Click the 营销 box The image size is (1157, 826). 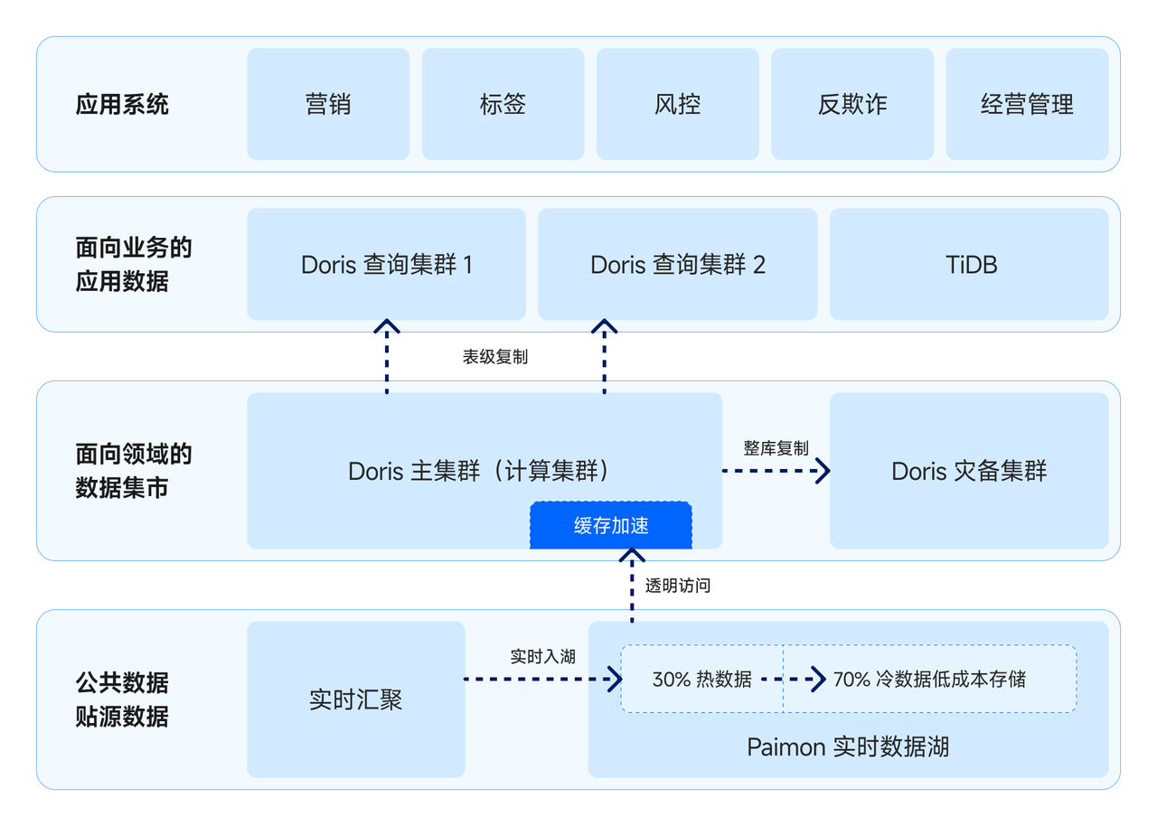(328, 104)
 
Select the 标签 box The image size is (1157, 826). (503, 104)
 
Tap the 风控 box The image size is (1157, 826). (677, 104)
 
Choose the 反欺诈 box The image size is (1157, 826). (851, 104)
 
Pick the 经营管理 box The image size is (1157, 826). (1027, 104)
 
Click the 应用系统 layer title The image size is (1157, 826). (122, 104)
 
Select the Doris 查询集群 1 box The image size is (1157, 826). (386, 265)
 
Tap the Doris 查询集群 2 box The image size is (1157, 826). (677, 265)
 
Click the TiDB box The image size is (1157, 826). (969, 265)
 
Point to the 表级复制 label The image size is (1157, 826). (495, 357)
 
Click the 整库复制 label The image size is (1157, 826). (776, 448)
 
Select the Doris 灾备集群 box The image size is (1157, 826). (969, 471)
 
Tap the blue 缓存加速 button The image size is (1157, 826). (611, 526)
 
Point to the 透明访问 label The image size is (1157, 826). (678, 586)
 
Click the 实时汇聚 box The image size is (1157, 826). (355, 699)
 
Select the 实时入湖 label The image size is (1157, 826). (542, 657)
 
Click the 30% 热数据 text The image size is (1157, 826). (701, 679)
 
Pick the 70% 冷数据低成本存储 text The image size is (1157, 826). (929, 679)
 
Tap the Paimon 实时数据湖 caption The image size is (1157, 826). (848, 747)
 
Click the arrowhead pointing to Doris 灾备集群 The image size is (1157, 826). (822, 471)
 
